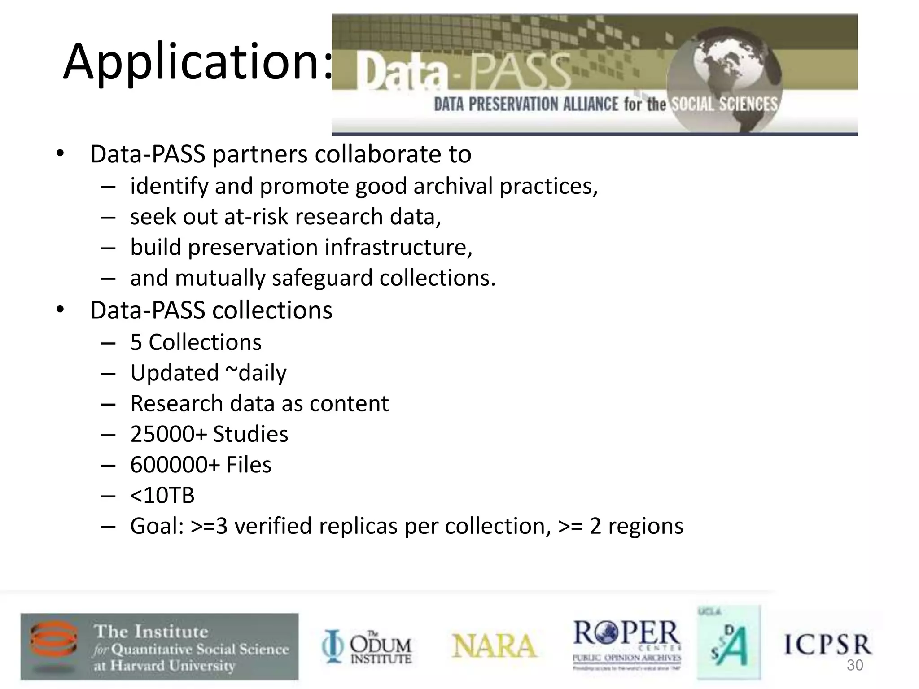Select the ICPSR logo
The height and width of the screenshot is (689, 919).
pos(827,644)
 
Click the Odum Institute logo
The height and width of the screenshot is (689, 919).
pos(367,646)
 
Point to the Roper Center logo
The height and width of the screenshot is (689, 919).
pos(626,645)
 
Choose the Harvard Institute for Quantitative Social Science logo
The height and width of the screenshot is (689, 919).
pos(159,646)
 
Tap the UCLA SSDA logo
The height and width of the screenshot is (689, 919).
pos(729,642)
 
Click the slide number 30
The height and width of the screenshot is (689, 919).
pos(854,665)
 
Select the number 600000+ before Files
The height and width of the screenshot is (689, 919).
pos(175,465)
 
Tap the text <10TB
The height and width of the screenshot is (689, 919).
pos(162,496)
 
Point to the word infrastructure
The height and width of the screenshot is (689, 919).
pos(398,247)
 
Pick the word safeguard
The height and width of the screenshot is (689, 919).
pos(322,278)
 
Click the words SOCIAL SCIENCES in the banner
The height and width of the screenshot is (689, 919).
pos(723,104)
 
